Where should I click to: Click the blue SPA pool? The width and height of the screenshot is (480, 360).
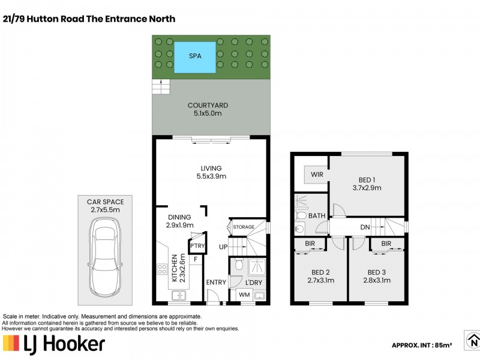coord(195,58)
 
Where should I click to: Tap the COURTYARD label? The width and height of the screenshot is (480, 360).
coord(208,106)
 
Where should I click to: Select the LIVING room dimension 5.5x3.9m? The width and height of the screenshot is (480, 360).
coord(211,176)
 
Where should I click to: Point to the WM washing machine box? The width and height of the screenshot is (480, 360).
coord(244,295)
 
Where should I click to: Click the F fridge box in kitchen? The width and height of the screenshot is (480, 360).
coord(196,260)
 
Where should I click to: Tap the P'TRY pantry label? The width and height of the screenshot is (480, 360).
coord(197,245)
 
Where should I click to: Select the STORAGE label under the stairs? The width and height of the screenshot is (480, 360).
coord(244,227)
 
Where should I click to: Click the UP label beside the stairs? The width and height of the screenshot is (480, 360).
coord(223,247)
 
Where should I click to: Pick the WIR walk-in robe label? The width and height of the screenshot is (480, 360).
coord(317,175)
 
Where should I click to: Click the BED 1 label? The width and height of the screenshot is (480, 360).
coord(367,180)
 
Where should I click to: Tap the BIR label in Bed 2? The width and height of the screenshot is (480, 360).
coord(310,244)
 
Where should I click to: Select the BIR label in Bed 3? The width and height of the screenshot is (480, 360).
coord(386,244)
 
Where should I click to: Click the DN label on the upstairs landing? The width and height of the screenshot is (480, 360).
coord(365,227)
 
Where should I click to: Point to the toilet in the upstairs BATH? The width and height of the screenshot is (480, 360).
coord(301,215)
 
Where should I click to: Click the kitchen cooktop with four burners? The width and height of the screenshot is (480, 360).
coord(162,269)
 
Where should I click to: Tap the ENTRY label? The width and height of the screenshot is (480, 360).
coord(216,282)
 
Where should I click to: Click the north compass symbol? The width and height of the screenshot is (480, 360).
coord(473,340)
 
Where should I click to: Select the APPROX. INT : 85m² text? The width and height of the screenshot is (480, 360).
coord(422,346)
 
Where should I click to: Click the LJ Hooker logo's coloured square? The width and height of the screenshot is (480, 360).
coord(11,343)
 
